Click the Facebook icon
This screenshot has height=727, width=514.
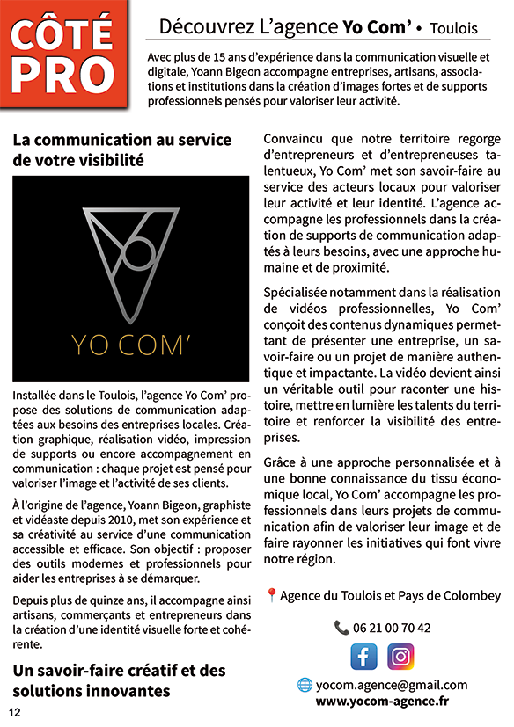click(x=363, y=657)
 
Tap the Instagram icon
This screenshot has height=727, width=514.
click(x=400, y=657)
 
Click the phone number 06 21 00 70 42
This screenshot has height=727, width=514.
click(x=393, y=628)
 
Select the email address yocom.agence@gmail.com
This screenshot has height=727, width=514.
click(x=392, y=685)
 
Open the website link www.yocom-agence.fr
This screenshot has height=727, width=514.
click(x=382, y=701)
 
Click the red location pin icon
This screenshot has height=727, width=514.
click(x=271, y=596)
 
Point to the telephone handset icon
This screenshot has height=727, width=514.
click(x=341, y=628)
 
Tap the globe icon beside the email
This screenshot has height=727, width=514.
click(x=305, y=685)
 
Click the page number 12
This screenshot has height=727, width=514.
click(x=15, y=712)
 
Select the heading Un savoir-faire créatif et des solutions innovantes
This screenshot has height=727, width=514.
click(x=119, y=680)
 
